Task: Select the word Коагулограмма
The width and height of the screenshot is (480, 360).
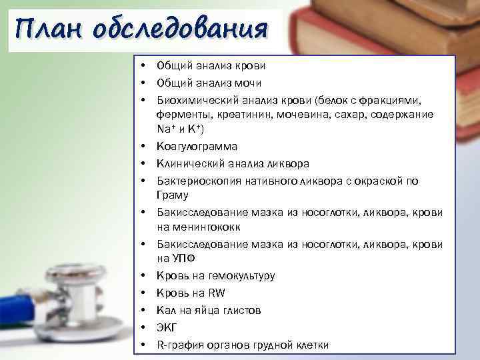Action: click(x=197, y=146)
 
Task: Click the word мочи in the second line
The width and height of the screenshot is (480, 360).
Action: click(x=247, y=83)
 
